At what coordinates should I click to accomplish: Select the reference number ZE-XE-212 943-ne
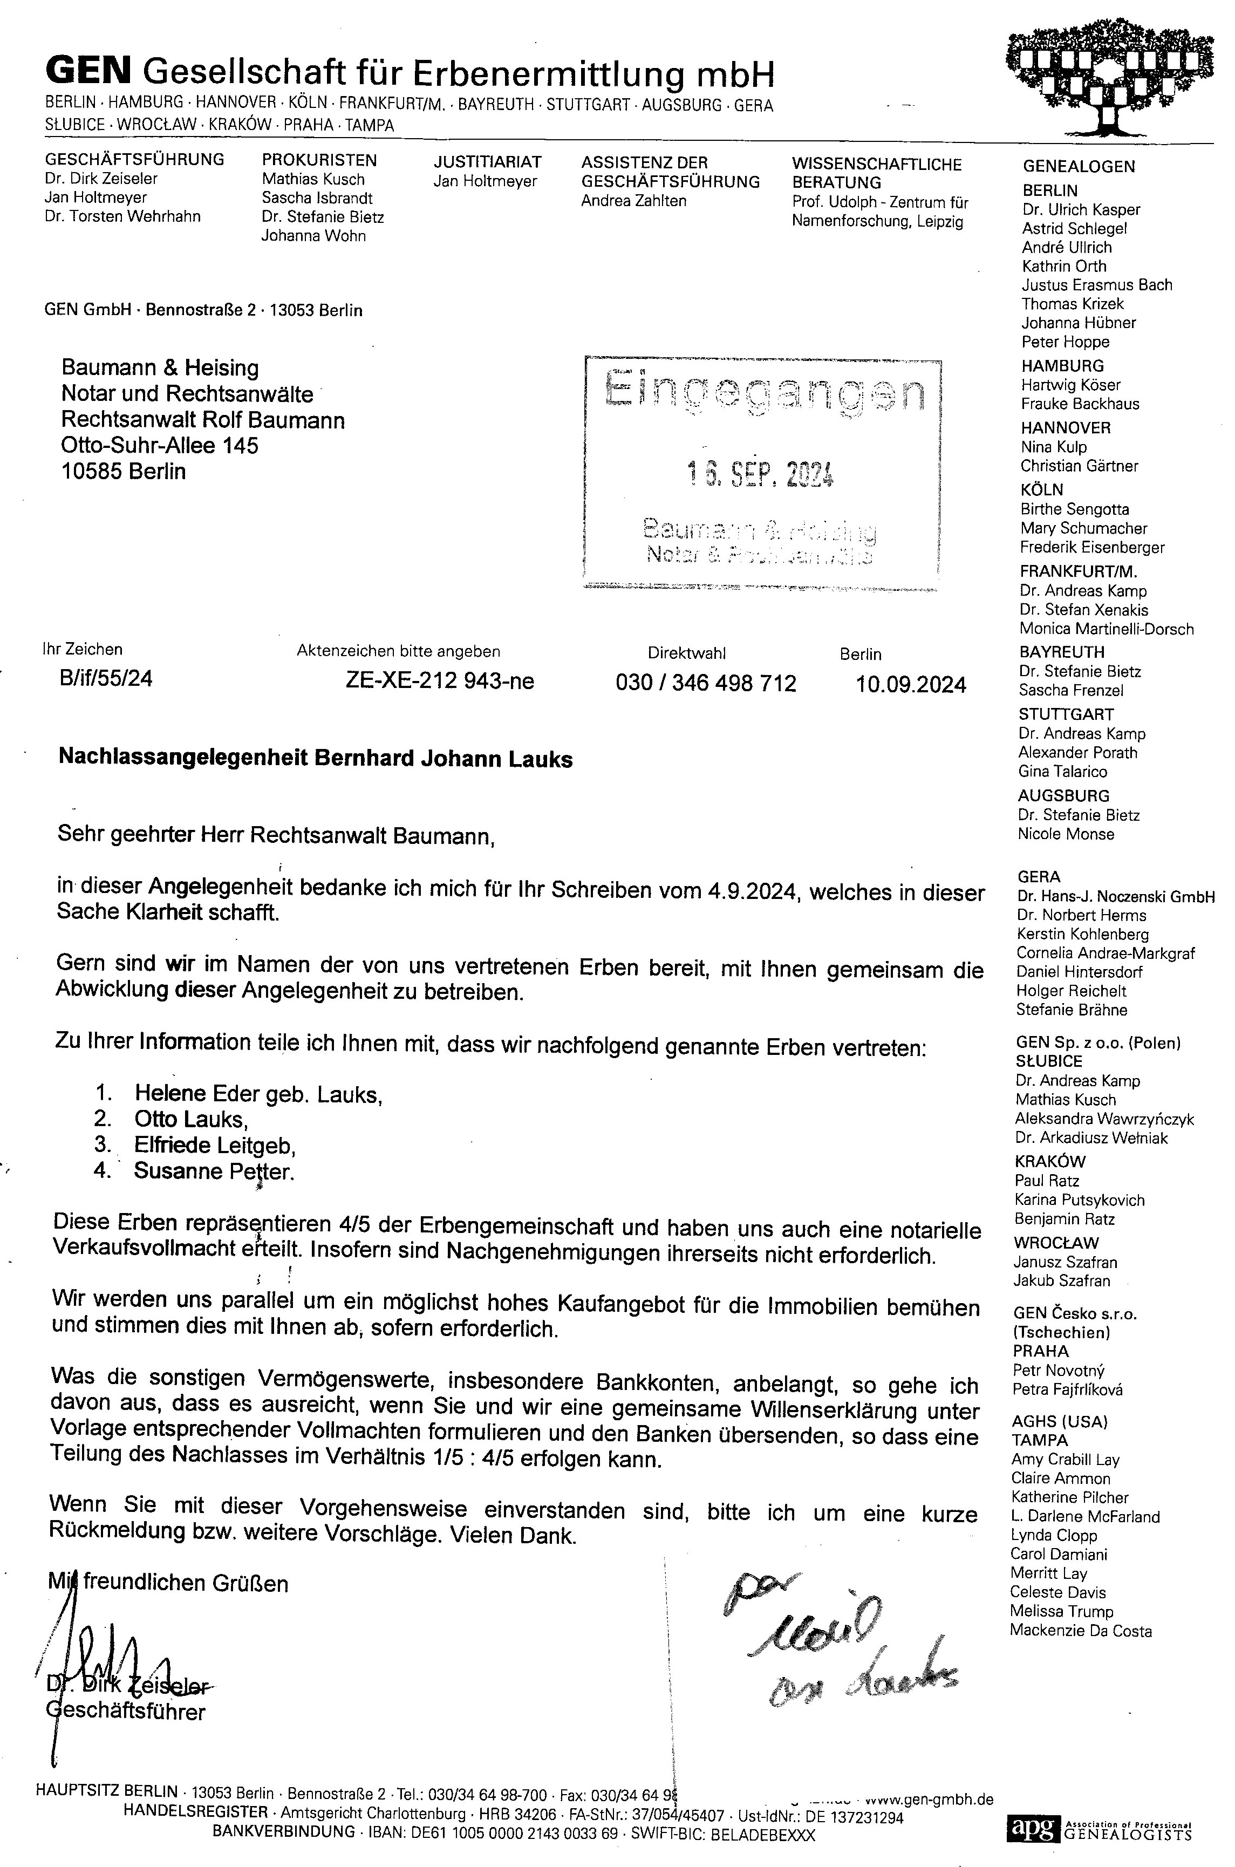tap(440, 680)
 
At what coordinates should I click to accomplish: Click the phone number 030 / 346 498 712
tap(706, 683)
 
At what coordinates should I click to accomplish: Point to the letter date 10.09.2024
tap(911, 685)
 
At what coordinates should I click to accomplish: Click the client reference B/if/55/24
tap(106, 678)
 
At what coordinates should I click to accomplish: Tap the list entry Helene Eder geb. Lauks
tap(258, 1093)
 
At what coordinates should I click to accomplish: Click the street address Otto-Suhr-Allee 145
tap(160, 445)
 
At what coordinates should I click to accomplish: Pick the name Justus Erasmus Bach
tap(1096, 284)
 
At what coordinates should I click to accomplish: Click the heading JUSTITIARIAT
tap(488, 162)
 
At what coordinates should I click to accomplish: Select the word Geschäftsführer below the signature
tap(126, 1712)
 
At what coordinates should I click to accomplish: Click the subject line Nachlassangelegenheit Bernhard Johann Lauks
tap(316, 759)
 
